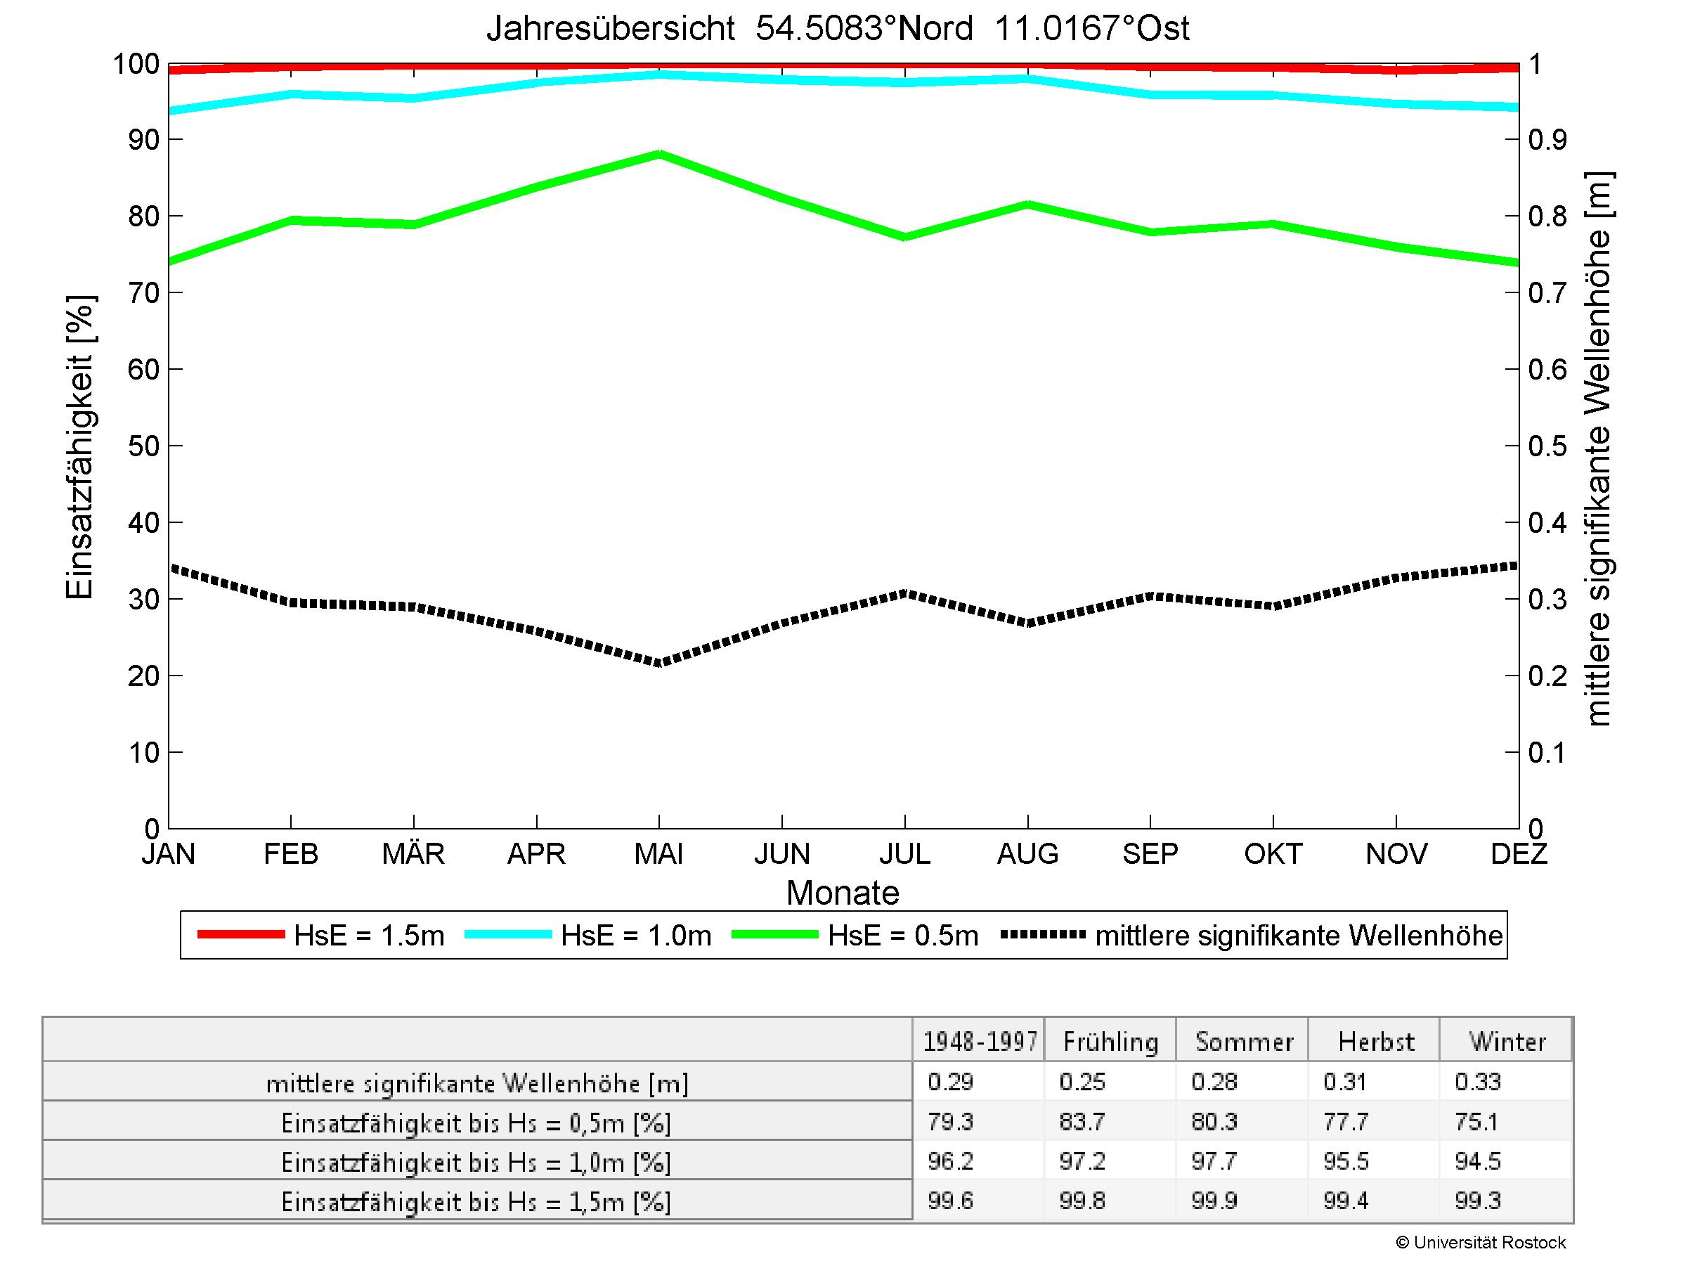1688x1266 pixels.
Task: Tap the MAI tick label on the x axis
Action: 658,853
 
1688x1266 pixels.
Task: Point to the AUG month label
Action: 1027,853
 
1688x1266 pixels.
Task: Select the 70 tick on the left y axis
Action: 143,293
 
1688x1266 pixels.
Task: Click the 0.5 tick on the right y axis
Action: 1547,446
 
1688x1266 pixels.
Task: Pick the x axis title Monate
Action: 843,893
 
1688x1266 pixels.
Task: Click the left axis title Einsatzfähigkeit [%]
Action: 79,446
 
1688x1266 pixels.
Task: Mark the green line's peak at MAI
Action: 659,154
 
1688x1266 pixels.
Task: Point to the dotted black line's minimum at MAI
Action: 659,662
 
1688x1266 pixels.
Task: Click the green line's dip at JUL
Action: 905,237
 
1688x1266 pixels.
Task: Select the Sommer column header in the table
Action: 1244,1042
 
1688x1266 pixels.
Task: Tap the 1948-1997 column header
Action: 980,1042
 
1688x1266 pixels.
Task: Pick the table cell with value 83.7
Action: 1082,1122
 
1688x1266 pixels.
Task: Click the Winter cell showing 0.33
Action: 1477,1082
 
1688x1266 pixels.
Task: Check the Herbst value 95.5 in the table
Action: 1346,1161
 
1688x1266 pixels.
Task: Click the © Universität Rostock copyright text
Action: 1481,1242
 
